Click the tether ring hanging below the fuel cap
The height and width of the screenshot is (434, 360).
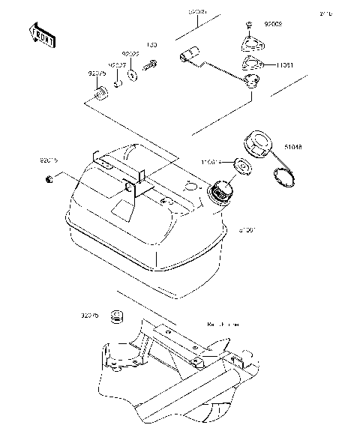(304, 178)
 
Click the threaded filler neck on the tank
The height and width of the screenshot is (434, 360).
(221, 193)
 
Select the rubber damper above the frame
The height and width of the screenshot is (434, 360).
(116, 318)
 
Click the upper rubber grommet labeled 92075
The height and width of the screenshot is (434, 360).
(97, 94)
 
